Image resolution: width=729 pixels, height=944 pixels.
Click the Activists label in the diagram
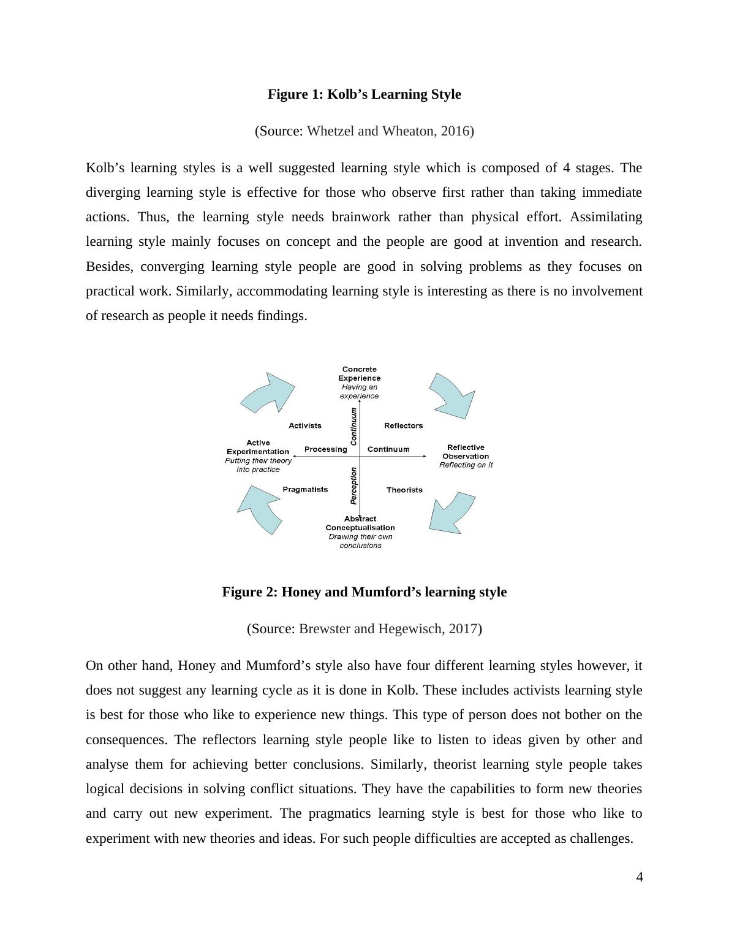click(x=305, y=425)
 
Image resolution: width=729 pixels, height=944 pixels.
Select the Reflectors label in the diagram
click(x=403, y=425)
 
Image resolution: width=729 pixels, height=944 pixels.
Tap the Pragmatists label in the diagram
click(x=305, y=489)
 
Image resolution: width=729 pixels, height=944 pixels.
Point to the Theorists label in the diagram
click(x=404, y=490)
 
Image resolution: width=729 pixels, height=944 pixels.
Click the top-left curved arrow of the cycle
click(x=268, y=392)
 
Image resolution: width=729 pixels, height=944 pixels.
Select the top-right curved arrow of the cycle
click(x=453, y=394)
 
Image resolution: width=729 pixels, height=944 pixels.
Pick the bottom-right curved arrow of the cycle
click(x=452, y=512)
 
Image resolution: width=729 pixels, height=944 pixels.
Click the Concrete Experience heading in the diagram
click(x=360, y=373)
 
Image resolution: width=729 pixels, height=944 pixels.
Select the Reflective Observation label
click(x=466, y=452)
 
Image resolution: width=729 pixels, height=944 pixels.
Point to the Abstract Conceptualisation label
click(x=360, y=523)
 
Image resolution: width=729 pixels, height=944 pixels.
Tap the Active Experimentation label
click(x=258, y=447)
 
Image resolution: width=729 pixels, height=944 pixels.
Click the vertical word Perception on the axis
click(x=353, y=485)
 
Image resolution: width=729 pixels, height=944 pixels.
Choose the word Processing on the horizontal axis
click(x=325, y=449)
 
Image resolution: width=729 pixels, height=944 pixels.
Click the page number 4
click(x=640, y=877)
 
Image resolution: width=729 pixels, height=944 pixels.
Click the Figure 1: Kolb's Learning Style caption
click(x=364, y=94)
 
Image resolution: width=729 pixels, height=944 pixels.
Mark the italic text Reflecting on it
click(x=466, y=465)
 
